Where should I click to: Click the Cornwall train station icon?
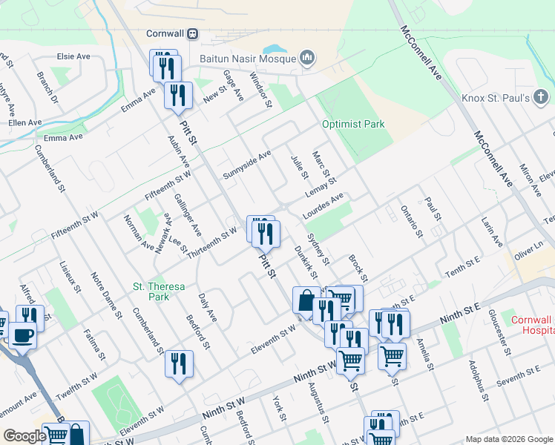(193, 33)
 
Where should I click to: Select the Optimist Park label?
(353, 124)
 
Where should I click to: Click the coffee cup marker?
(22, 335)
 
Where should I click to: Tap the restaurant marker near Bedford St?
(179, 363)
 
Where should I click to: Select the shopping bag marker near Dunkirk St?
(306, 301)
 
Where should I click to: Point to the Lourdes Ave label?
(324, 206)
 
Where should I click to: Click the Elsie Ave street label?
(73, 56)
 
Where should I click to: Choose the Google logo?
(24, 437)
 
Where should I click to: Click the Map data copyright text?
(508, 439)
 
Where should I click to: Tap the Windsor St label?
(260, 89)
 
